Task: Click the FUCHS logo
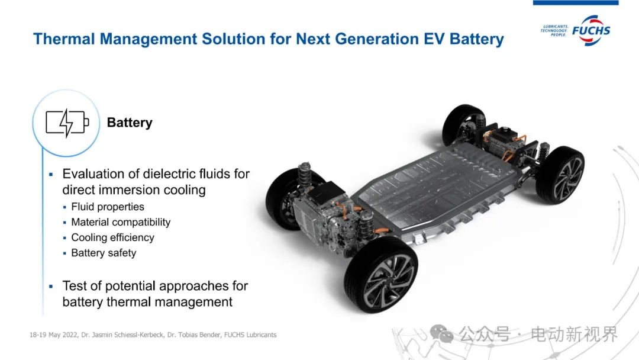(x=591, y=31)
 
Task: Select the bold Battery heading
(x=130, y=123)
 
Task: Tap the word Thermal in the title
(x=64, y=38)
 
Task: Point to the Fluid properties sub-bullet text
(x=108, y=207)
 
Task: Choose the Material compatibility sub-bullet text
(x=121, y=222)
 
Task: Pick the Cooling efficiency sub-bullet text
(x=112, y=237)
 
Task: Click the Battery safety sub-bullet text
(x=104, y=253)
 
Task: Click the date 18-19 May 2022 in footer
(x=53, y=335)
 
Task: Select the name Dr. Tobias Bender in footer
(x=193, y=335)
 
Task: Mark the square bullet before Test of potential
(x=51, y=287)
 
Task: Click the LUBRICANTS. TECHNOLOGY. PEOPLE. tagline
(x=554, y=31)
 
